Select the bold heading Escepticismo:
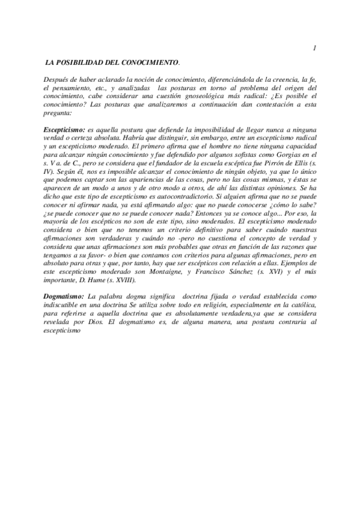tap(65, 130)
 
